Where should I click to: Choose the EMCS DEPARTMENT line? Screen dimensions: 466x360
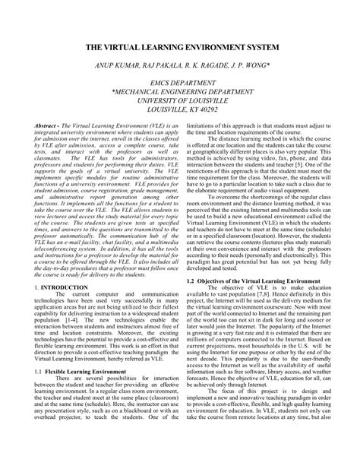click(x=179, y=90)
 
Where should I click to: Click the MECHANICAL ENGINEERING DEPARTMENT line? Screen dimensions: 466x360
click(x=179, y=100)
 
